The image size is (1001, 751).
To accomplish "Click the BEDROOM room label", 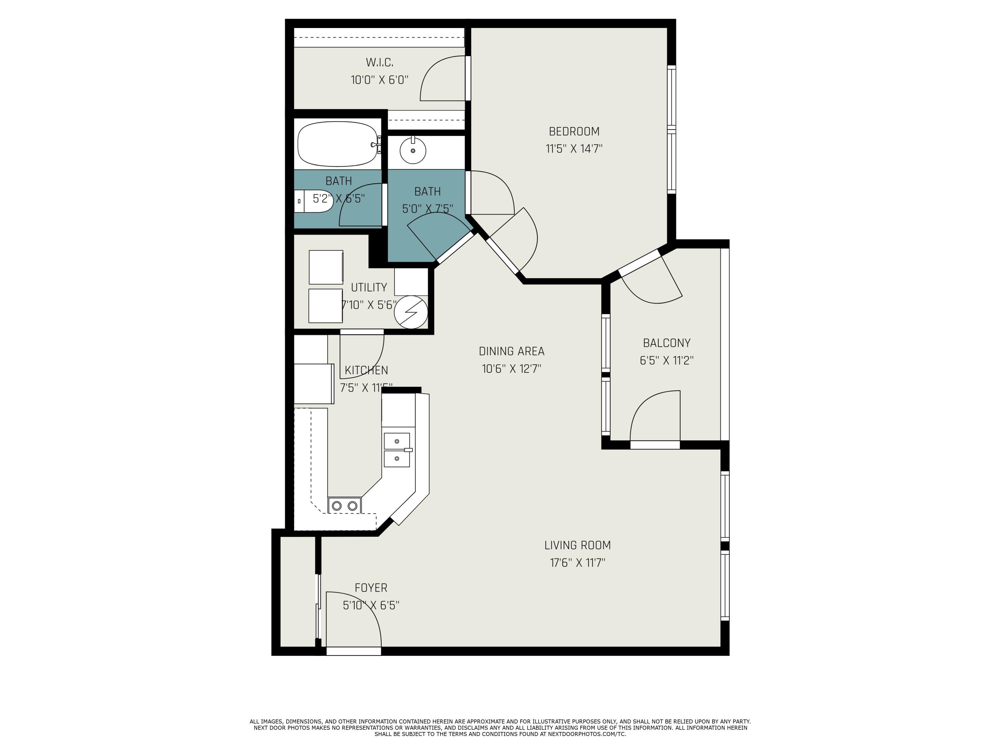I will click(x=574, y=131).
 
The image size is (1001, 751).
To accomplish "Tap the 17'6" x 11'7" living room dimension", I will click(x=578, y=563).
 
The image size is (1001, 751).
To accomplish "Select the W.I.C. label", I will click(x=379, y=62).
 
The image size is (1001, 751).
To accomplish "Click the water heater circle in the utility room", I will click(x=410, y=312).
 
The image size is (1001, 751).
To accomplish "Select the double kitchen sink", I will click(x=397, y=450).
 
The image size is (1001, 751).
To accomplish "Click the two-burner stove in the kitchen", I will click(x=344, y=506).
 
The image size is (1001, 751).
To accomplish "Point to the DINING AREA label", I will click(x=512, y=351).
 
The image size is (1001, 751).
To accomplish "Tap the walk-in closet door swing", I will click(x=443, y=79).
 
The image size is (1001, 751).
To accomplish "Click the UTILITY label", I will click(x=369, y=287).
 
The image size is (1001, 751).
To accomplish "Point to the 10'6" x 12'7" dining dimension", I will click(x=512, y=369).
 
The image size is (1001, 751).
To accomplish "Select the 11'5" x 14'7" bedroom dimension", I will click(x=574, y=149).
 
